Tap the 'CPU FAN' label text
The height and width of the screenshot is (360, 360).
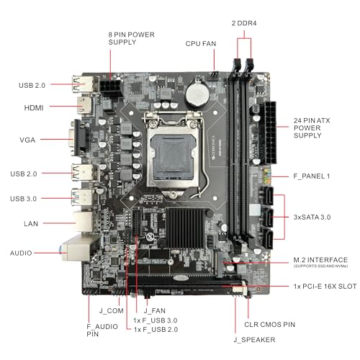click(x=200, y=44)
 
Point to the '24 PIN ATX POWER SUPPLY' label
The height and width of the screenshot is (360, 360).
click(x=312, y=127)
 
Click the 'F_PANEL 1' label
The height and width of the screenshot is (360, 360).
click(x=312, y=176)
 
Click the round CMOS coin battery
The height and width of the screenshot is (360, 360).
click(x=195, y=92)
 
